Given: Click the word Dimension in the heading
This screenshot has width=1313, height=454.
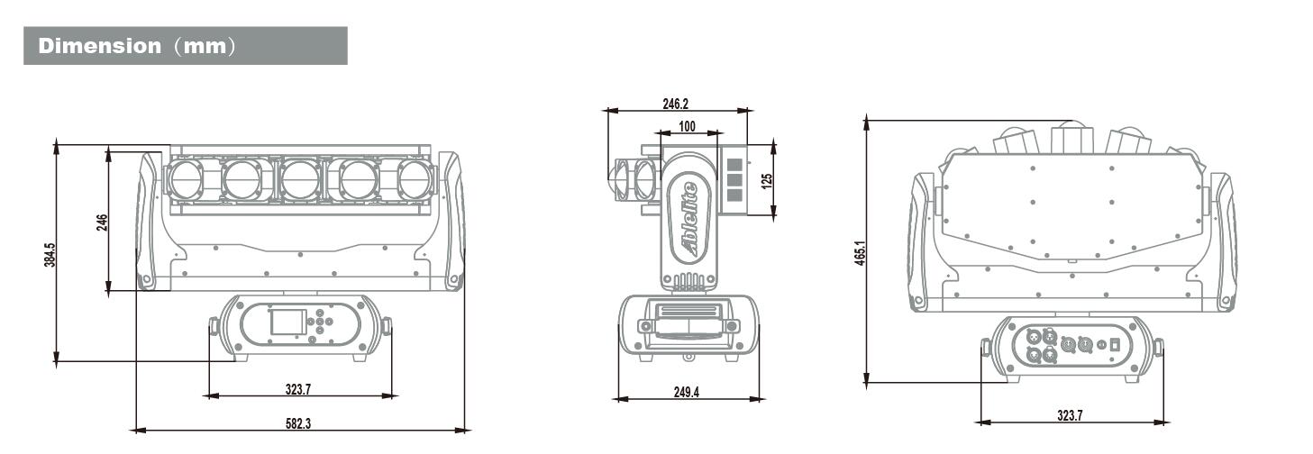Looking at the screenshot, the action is [x=99, y=46].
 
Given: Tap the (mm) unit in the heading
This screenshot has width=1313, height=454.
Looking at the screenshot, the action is [x=205, y=46].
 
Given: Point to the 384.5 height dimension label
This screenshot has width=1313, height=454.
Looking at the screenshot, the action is [x=50, y=256].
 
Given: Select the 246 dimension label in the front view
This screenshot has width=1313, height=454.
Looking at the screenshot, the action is [x=102, y=222].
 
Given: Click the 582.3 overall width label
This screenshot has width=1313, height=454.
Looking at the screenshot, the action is [x=298, y=423].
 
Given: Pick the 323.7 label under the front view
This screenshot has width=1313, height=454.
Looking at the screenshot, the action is [x=298, y=389].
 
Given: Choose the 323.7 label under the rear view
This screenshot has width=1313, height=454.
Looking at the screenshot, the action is [x=1070, y=415].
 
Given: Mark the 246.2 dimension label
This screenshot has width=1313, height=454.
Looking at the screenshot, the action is [x=675, y=104].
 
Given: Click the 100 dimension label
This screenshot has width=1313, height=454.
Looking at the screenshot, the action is [x=687, y=126].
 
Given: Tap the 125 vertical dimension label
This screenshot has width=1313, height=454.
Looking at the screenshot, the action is [x=766, y=180].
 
